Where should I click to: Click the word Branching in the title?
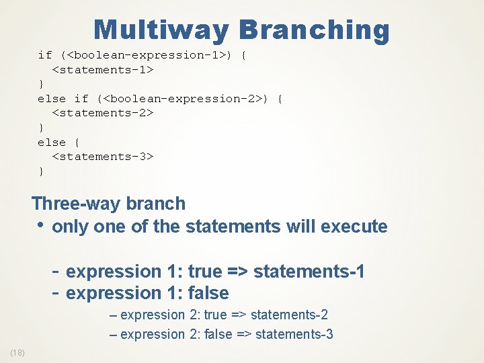point(314,30)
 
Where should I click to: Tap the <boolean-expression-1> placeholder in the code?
point(148,55)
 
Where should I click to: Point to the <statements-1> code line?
point(104,69)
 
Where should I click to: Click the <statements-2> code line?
point(104,113)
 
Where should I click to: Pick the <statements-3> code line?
point(104,157)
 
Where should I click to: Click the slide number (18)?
point(17,353)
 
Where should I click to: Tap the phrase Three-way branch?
point(108,203)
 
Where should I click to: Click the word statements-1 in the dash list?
point(309,272)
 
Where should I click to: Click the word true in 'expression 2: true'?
point(215,315)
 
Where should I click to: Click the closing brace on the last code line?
point(41,171)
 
